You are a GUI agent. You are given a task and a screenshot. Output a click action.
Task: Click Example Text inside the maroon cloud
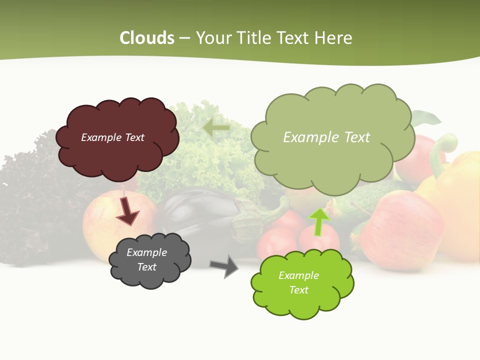coord(112,137)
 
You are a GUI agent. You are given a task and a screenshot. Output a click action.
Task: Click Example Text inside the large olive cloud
coord(326,137)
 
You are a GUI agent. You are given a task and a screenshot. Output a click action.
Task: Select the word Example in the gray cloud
coord(146,252)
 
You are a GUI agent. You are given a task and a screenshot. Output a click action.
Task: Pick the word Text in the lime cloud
coord(298,290)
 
